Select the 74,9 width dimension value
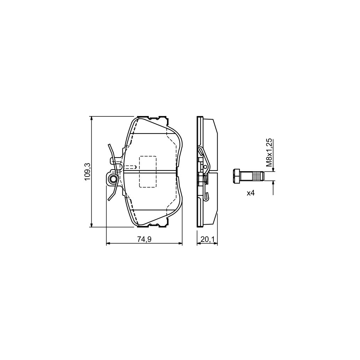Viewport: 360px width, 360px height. click(x=144, y=239)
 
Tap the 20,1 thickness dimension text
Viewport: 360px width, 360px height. click(x=207, y=239)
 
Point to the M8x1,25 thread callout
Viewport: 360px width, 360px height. click(x=269, y=152)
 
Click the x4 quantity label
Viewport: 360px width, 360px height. click(x=250, y=193)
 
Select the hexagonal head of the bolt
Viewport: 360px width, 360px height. click(x=236, y=176)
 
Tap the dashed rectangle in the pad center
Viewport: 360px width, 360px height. click(x=148, y=172)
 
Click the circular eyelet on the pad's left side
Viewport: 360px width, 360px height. click(x=113, y=179)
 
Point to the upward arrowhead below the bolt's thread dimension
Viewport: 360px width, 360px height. click(x=273, y=183)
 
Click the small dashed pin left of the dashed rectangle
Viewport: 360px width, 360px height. click(x=131, y=167)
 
